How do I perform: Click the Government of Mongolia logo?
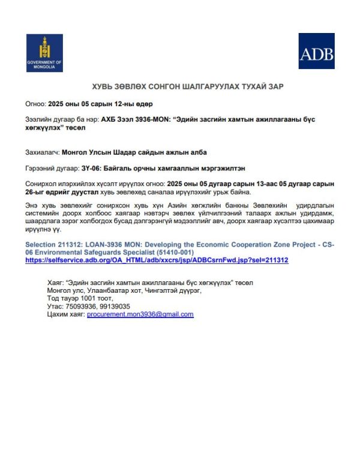(44, 53)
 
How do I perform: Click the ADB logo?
(316, 51)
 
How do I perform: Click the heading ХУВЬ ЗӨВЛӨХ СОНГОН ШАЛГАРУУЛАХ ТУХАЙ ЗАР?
(187, 87)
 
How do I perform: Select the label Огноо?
(35, 103)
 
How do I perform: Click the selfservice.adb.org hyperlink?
(157, 260)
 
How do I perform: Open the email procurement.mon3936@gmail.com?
(140, 314)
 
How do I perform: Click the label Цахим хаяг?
(65, 314)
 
